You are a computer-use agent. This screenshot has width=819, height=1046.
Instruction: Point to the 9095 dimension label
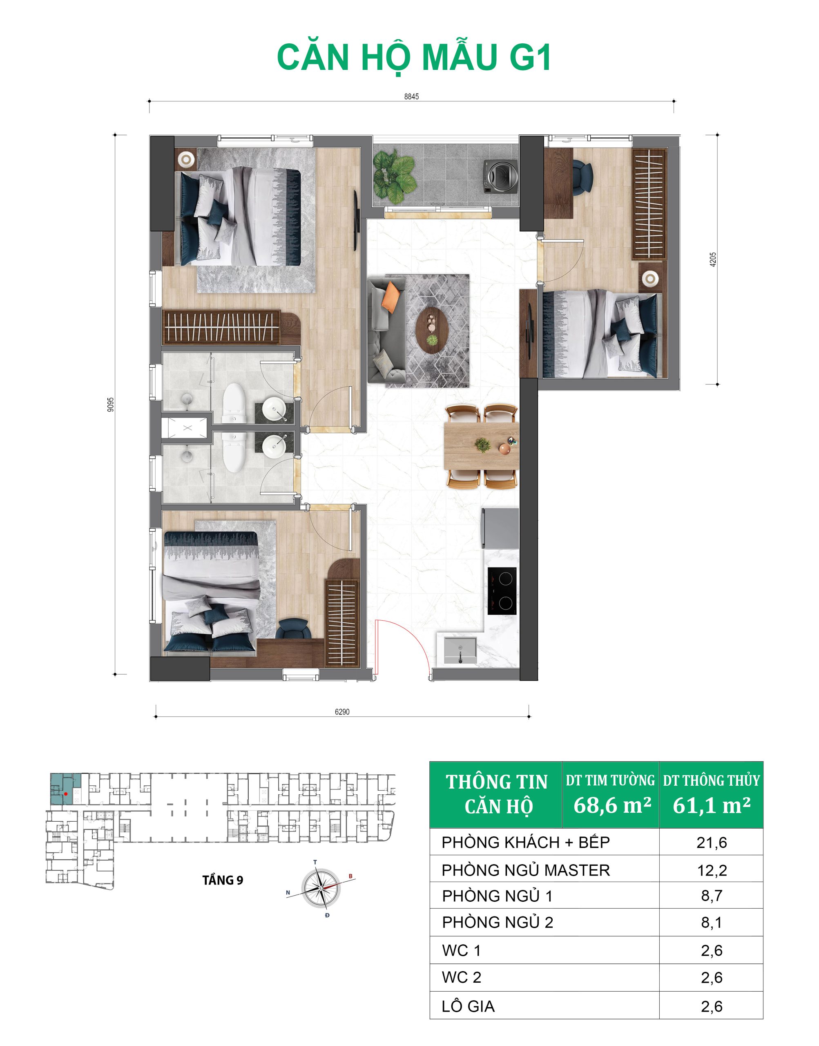coord(111,404)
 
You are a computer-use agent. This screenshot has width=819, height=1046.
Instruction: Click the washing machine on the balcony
coord(501,177)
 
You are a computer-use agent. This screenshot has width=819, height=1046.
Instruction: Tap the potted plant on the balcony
coord(394,176)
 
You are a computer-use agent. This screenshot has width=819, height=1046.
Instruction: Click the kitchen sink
coord(460,649)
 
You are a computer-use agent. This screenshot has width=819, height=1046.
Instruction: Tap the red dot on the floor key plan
coord(66,794)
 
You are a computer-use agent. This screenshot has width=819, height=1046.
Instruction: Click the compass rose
coord(321,888)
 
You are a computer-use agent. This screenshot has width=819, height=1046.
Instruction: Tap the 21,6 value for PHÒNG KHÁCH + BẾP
coord(712,843)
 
